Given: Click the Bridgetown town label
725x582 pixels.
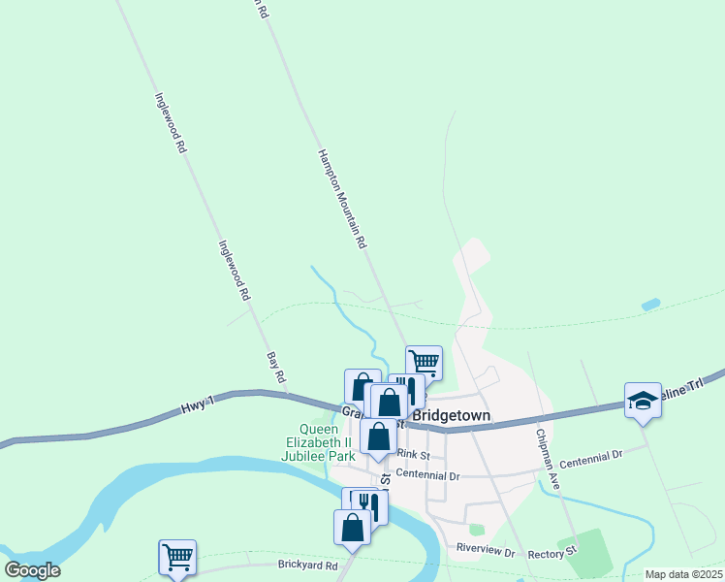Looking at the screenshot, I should pyautogui.click(x=452, y=416).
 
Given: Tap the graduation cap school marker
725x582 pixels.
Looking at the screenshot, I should pyautogui.click(x=643, y=400).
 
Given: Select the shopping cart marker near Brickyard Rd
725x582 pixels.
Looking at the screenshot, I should pyautogui.click(x=177, y=557).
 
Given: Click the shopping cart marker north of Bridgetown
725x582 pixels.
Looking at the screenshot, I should pyautogui.click(x=424, y=363).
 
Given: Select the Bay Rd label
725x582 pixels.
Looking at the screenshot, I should pyautogui.click(x=276, y=366).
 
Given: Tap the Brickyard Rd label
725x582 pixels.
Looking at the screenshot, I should pyautogui.click(x=306, y=565).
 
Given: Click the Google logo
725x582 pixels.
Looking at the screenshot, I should pyautogui.click(x=32, y=570).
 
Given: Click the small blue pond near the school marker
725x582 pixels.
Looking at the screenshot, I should pyautogui.click(x=650, y=305).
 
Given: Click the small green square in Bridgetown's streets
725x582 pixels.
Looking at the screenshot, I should pyautogui.click(x=476, y=530).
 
